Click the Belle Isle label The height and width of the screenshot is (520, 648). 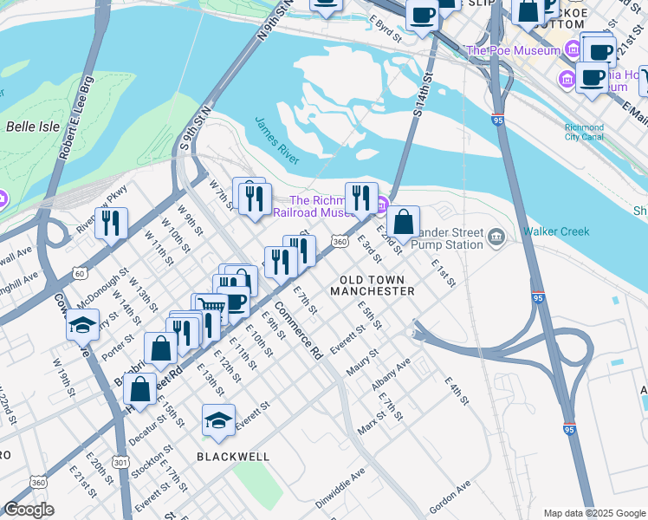click(32, 127)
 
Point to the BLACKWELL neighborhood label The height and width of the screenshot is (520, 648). click(233, 456)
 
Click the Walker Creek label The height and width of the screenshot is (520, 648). click(555, 231)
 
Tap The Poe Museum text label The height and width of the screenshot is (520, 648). click(513, 50)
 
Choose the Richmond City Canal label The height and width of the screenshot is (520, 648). click(583, 132)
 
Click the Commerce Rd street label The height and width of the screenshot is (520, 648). click(299, 331)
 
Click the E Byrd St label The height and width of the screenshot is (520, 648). click(385, 29)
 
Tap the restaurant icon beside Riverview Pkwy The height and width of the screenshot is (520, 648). click(111, 223)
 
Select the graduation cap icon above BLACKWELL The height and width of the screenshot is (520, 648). click(217, 420)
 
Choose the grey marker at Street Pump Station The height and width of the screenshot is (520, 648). click(496, 236)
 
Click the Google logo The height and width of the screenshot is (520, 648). click(29, 510)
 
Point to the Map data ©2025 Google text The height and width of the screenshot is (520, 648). click(594, 512)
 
